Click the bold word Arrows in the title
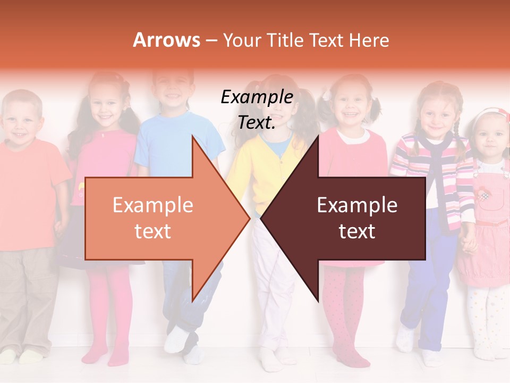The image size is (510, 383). pyautogui.click(x=167, y=40)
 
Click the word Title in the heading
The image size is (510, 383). pyautogui.click(x=284, y=40)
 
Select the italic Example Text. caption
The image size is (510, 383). pyautogui.click(x=257, y=110)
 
